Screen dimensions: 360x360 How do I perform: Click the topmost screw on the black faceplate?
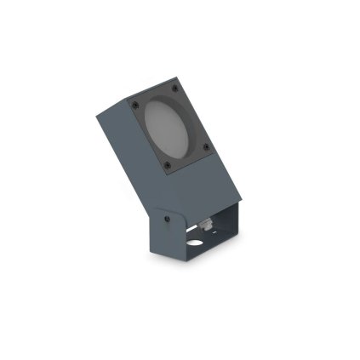tap(174, 88)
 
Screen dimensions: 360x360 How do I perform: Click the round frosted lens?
tap(169, 126)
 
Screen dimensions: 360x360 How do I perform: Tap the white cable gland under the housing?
tap(204, 225)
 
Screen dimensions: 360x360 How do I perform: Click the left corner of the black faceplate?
tap(129, 103)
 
